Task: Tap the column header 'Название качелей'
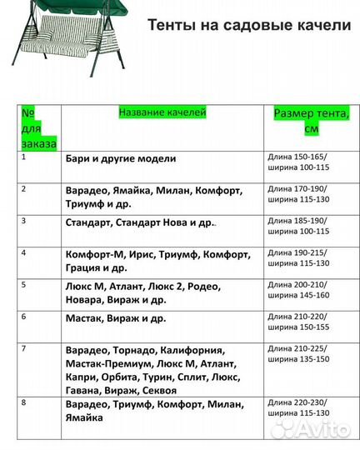pyautogui.click(x=162, y=112)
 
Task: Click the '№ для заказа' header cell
pyautogui.click(x=39, y=127)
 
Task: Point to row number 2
pyautogui.click(x=24, y=188)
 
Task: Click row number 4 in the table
pyautogui.click(x=24, y=252)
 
